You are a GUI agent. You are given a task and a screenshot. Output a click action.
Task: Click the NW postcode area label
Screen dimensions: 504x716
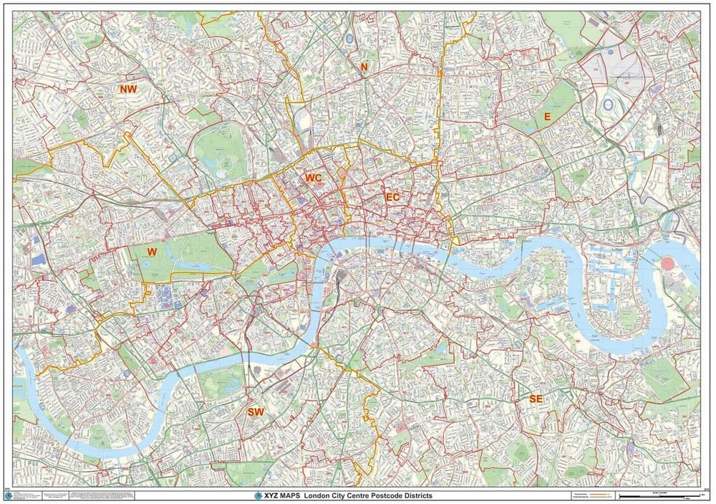point(128,89)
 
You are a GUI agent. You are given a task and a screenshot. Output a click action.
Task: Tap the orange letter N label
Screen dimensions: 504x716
point(364,67)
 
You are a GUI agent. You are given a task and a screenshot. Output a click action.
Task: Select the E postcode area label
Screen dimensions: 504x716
point(547,116)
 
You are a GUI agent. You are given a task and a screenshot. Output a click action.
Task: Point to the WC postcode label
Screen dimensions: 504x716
point(313,177)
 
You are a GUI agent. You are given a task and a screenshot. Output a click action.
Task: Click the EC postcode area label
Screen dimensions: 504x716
point(392,196)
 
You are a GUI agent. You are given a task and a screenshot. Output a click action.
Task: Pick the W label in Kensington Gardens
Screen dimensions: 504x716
point(151,252)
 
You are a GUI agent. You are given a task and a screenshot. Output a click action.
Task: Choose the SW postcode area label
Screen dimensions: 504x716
point(256,412)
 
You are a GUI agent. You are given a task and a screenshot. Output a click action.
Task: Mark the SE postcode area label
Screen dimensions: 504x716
point(536,399)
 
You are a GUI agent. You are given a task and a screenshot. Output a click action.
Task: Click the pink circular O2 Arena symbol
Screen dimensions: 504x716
point(668,263)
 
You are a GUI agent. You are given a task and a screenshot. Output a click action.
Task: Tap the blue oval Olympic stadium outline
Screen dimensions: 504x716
point(609,105)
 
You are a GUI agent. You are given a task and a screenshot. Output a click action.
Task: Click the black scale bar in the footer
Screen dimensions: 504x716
point(659,496)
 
